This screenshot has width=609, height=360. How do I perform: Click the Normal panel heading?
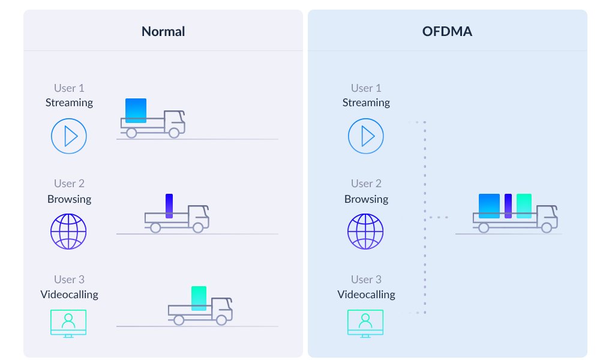point(163,31)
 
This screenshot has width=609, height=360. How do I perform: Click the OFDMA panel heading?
point(447,31)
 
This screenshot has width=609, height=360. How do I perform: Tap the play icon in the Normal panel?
point(69,136)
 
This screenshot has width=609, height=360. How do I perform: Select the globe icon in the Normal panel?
point(68,232)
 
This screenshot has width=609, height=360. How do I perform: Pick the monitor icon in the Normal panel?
point(68,323)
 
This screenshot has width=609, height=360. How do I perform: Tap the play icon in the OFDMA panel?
point(366,136)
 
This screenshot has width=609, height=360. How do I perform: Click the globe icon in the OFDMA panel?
point(366,232)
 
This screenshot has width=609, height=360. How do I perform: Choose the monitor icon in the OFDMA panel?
point(366,323)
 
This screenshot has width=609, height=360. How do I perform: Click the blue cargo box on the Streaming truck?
point(136,110)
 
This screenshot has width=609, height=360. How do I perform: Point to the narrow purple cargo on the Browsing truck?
point(169,205)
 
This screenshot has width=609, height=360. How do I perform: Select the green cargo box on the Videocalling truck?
point(199,298)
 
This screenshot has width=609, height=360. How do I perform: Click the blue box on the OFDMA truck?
point(489,206)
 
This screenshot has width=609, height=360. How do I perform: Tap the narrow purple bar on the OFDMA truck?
point(508,206)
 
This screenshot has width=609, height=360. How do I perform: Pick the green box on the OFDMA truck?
point(524,206)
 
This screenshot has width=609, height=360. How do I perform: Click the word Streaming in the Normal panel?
point(69,103)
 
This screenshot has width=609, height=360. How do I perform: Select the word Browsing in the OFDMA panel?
point(366,199)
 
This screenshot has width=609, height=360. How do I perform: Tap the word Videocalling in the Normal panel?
point(69,295)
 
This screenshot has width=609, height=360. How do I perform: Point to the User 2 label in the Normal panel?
point(69,184)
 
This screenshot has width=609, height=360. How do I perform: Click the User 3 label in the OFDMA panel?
point(366,280)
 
